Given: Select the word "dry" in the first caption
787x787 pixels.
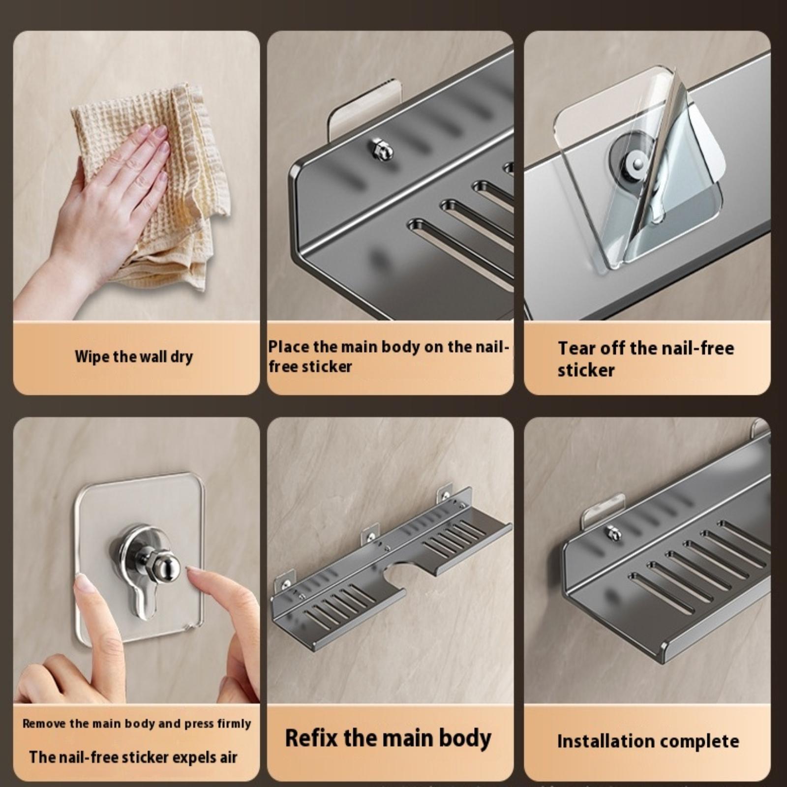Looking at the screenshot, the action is pos(182,357).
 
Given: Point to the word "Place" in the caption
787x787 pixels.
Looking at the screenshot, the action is pos(289,347).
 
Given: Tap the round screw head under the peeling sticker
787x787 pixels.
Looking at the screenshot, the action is pos(638,164).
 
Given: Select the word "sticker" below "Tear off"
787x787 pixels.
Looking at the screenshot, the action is pos(586,370).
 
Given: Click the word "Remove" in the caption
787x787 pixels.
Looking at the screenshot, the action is pos(44,724).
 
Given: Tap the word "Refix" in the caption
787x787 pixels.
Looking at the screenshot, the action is pos(311,738).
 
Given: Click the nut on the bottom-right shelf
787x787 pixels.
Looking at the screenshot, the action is pos(612,533).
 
